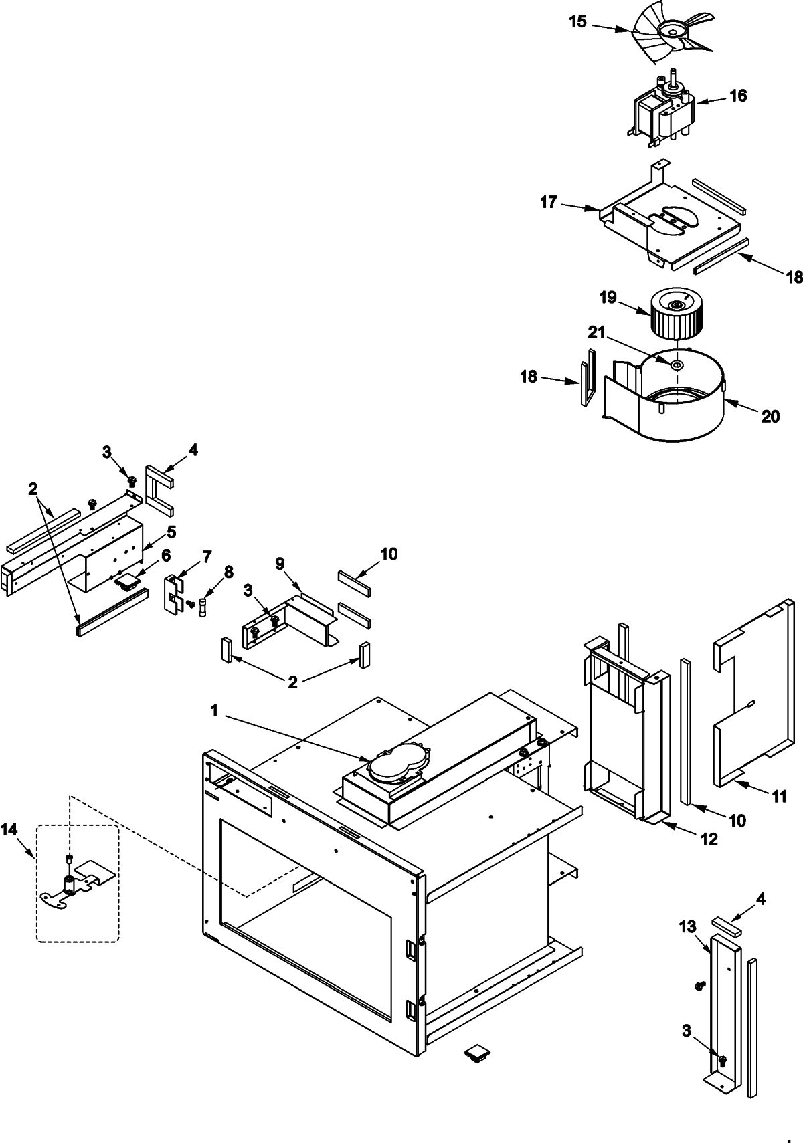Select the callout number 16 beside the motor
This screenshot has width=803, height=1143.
pos(737,96)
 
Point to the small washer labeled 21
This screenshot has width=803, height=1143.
pos(676,365)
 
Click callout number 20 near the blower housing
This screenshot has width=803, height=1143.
pos(770,416)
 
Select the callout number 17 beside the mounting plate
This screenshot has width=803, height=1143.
pos(549,202)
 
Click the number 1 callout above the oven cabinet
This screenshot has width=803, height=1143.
pos(215,711)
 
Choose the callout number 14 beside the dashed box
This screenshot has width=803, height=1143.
pos(9,830)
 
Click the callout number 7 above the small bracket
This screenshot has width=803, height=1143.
pos(207,556)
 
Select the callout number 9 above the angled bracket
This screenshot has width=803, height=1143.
pos(280,564)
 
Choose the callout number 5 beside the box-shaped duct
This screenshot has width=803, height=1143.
pos(171,532)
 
